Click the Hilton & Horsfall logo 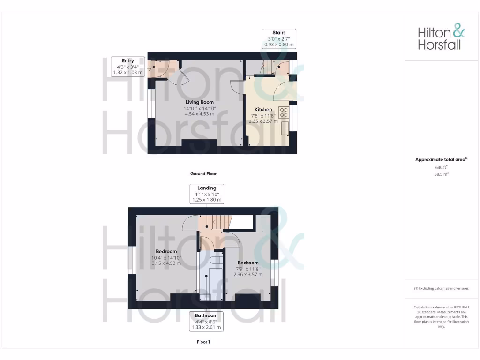(x=441, y=38)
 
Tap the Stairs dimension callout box (x=279, y=38)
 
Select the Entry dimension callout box (x=127, y=67)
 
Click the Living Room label (x=199, y=102)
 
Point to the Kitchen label (x=263, y=109)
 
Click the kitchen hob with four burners (x=284, y=112)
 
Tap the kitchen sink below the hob (x=285, y=127)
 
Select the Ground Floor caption (x=203, y=173)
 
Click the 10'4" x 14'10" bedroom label (x=166, y=257)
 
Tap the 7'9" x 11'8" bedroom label (x=248, y=269)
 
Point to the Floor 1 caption (x=203, y=342)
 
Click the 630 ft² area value (x=441, y=167)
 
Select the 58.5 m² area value (x=441, y=173)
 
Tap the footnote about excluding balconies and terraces (x=441, y=288)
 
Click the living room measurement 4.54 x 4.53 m (x=199, y=114)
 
